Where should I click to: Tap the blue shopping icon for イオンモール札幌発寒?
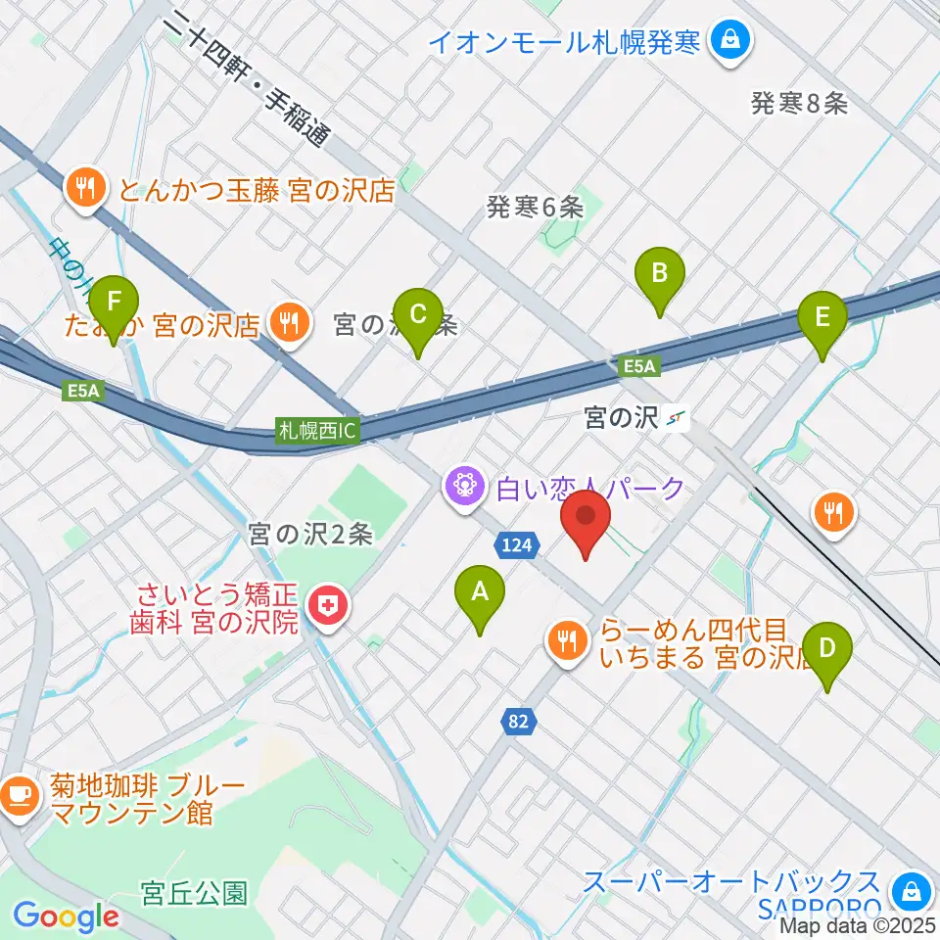tap(729, 40)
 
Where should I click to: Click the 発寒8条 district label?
tap(799, 103)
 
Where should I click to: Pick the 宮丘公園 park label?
tap(194, 893)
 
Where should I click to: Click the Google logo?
tap(66, 916)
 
